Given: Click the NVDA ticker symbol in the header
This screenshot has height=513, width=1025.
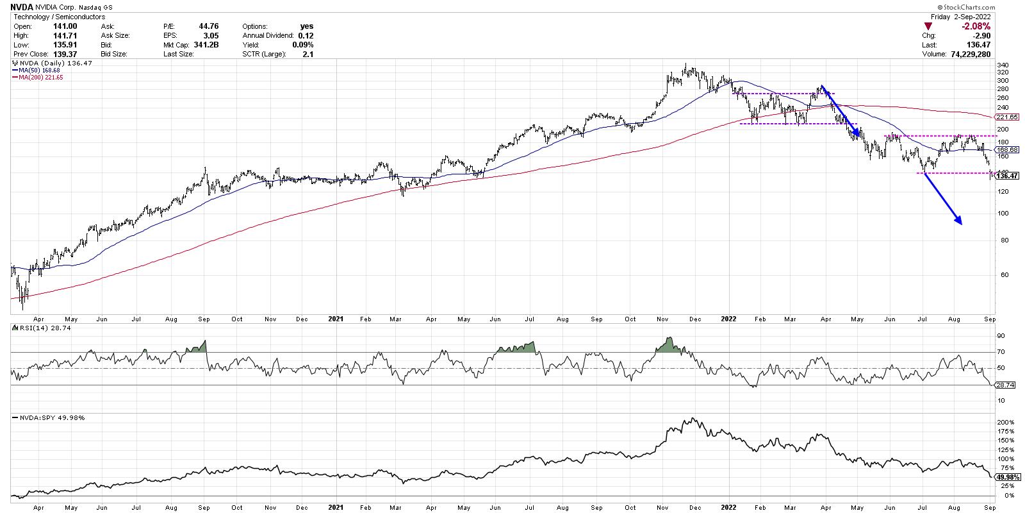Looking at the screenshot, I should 20,8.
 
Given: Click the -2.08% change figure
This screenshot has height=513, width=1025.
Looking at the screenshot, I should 977,26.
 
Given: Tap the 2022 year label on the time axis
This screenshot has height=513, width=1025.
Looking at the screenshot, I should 729,318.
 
